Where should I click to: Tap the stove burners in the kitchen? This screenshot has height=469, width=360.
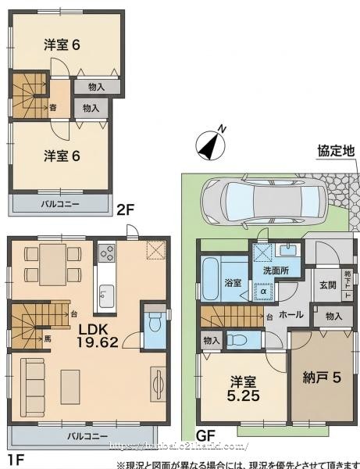106,254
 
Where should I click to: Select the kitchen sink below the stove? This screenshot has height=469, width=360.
106,295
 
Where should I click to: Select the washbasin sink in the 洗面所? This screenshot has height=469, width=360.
287,250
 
